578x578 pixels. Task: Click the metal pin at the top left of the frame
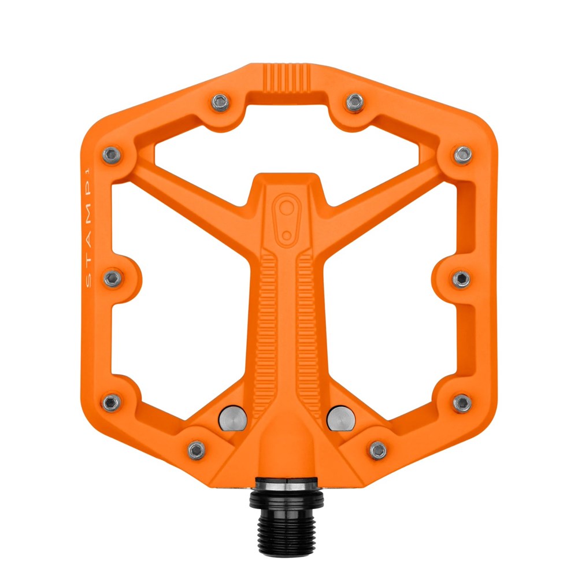[x=220, y=102]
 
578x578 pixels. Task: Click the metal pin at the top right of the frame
[x=354, y=102]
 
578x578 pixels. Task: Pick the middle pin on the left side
[x=113, y=279]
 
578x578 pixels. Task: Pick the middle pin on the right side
[x=461, y=279]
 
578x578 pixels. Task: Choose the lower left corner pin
[x=112, y=402]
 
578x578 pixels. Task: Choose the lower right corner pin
[x=462, y=402]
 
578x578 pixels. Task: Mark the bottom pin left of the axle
[x=197, y=449]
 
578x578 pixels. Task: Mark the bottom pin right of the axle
[x=377, y=449]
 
